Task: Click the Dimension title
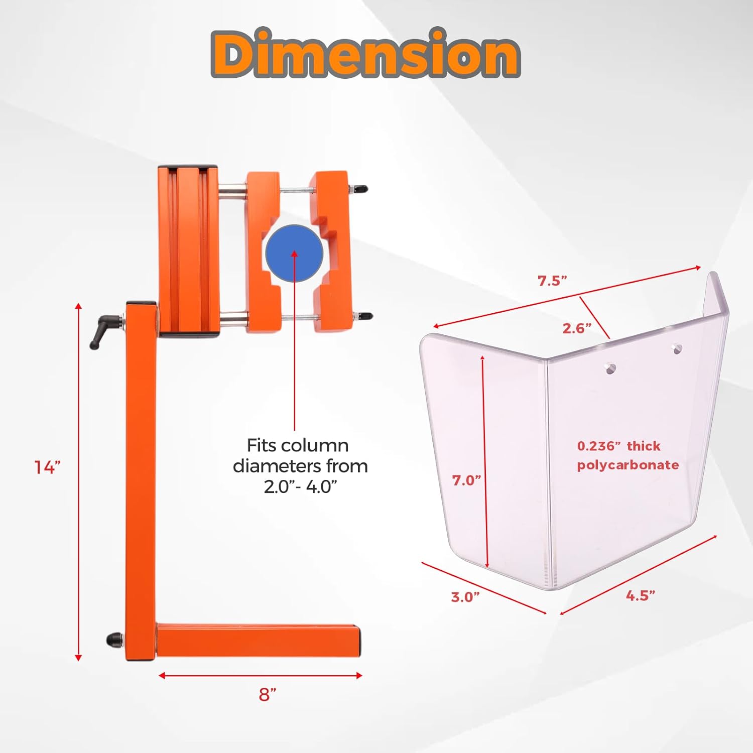365,54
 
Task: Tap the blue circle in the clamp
294,253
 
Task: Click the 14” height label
47,467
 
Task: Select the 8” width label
268,695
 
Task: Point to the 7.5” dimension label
552,281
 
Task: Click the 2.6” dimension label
577,328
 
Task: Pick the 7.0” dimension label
466,480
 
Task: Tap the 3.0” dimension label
465,597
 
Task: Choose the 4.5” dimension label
641,595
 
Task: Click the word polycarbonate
627,465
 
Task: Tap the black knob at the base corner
114,640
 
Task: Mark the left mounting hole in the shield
610,369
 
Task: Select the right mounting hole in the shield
677,348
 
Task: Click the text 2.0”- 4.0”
300,486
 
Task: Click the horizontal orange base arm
259,640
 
